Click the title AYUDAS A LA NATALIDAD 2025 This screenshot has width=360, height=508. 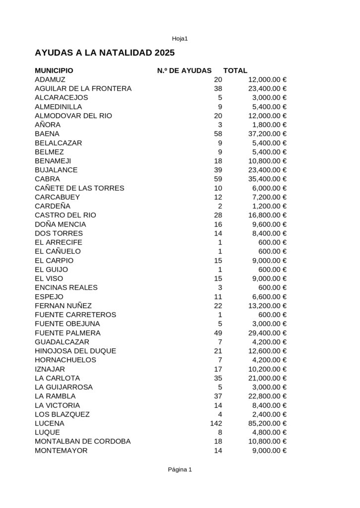105,52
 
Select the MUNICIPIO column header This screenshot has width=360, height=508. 54,71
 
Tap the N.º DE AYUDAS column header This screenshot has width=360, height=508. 184,71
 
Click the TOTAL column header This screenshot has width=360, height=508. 235,71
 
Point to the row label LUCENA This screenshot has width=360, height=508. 50,424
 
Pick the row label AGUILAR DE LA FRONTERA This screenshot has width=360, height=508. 83,89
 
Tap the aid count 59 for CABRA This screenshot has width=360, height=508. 218,179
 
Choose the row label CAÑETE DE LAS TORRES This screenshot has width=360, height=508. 79,188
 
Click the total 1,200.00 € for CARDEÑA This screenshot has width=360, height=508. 270,206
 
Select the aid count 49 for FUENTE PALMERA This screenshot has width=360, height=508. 218,333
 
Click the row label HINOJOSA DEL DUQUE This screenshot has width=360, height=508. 75,351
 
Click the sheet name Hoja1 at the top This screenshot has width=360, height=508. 180,39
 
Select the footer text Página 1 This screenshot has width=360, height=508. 180,470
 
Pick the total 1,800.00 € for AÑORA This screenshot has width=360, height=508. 270,125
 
